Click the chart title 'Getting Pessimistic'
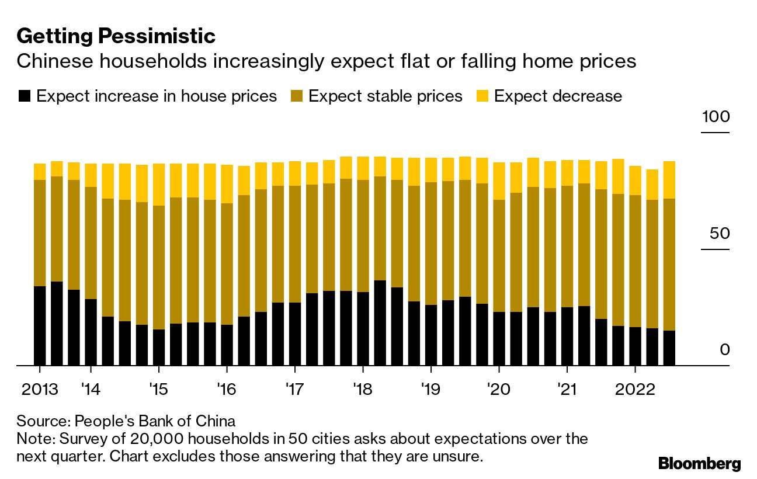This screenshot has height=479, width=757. point(116,36)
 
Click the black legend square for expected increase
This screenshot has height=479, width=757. point(24,96)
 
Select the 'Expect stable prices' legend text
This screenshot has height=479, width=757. point(385,96)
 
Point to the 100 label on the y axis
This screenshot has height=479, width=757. point(716,117)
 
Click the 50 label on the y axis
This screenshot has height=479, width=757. point(719,234)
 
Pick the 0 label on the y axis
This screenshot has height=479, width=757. point(725,350)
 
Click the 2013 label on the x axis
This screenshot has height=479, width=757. point(40,389)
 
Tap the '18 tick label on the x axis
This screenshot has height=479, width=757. point(363,389)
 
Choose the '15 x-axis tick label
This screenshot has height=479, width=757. point(158,389)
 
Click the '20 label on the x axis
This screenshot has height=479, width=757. point(498,389)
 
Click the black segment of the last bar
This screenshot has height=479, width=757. point(669,348)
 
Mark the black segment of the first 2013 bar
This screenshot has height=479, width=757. point(40,326)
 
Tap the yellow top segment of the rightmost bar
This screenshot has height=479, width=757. point(669,180)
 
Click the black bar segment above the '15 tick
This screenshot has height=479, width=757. point(158,348)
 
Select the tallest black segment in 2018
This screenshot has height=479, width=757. point(380,323)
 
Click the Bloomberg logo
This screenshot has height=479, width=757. point(699,464)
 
